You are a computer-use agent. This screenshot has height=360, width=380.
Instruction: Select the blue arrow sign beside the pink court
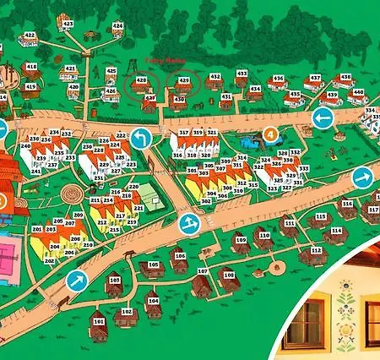point(77,280)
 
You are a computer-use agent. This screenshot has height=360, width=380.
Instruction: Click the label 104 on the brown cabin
point(153,300)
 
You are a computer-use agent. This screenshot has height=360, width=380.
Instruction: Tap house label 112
point(316,251)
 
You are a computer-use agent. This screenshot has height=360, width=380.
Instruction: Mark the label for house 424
point(117,26)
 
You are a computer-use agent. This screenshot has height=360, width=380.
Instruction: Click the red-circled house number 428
point(141,80)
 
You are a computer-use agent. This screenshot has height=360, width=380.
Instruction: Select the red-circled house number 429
point(183,80)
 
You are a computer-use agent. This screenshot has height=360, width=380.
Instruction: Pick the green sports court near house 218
point(151,195)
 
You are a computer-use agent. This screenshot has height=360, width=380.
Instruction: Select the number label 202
point(49,260)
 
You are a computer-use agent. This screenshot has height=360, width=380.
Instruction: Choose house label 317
point(183,134)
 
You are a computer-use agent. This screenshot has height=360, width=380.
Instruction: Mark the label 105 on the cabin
point(152,265)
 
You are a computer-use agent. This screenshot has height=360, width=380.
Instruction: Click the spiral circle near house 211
point(73,196)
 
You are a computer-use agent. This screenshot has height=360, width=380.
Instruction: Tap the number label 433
point(242,74)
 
